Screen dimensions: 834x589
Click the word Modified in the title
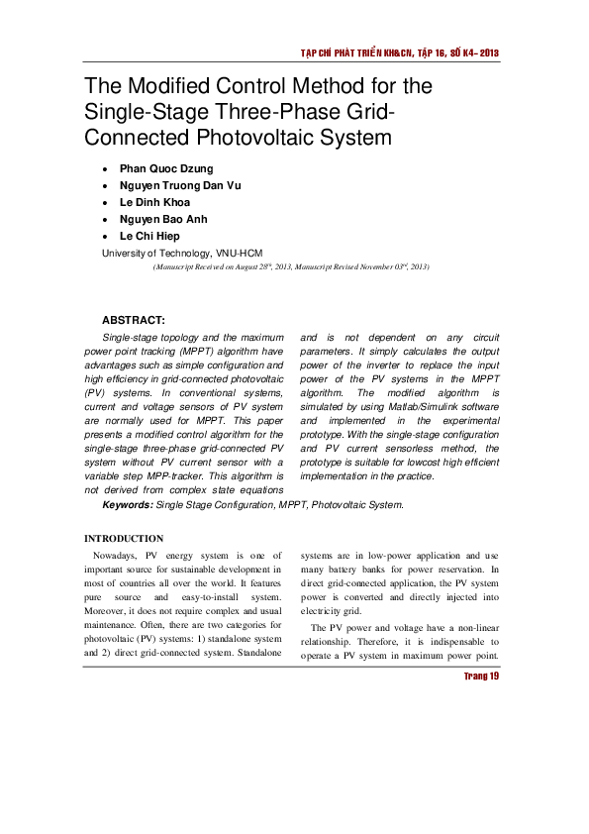coord(172,85)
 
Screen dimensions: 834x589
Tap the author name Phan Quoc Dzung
coord(165,168)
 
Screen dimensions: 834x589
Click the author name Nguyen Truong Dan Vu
coord(180,185)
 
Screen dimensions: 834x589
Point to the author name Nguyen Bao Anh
coord(163,219)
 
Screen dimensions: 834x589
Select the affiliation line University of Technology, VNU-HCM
coord(182,254)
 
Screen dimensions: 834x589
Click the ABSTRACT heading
coord(134,320)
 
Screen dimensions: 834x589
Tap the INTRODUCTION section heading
coord(124,538)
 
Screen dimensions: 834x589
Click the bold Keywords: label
coord(128,504)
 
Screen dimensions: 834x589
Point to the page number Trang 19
coord(481,676)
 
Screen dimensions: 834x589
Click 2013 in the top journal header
coord(486,52)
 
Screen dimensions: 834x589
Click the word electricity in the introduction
coord(322,611)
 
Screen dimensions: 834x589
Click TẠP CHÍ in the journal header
coord(319,52)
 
